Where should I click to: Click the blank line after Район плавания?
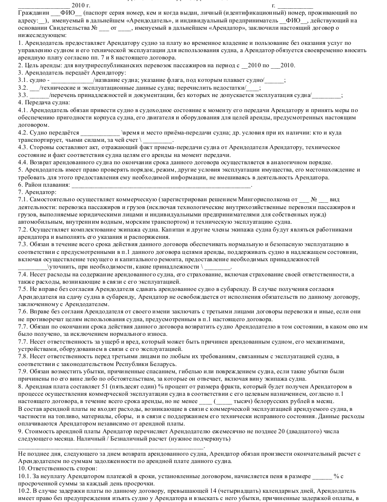tap(161, 185)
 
